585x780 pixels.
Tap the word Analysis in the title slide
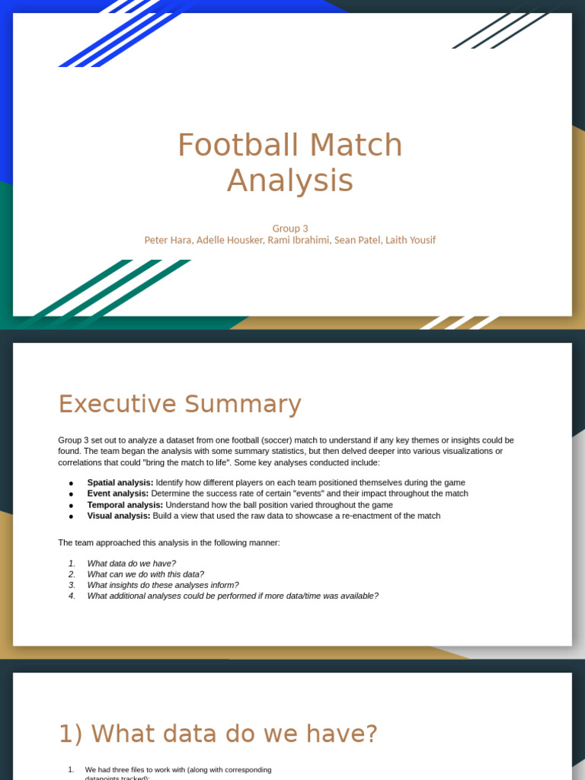coord(289,181)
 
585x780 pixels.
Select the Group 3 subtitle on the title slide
coord(289,228)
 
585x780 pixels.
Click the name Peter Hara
coord(168,240)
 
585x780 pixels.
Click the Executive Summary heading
coord(180,404)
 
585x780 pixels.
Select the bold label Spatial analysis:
coord(120,483)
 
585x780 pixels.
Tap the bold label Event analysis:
coord(118,494)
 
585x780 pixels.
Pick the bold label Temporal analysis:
coord(125,505)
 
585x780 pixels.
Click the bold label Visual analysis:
coord(119,516)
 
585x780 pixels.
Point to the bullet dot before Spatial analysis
coord(71,484)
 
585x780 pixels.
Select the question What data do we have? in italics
coord(131,564)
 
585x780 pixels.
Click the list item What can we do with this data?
coord(145,574)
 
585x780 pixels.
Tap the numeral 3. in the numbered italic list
coord(72,585)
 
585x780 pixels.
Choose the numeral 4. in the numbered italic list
coord(72,596)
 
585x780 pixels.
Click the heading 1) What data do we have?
coord(218,734)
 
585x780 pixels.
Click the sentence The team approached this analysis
coord(169,542)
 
